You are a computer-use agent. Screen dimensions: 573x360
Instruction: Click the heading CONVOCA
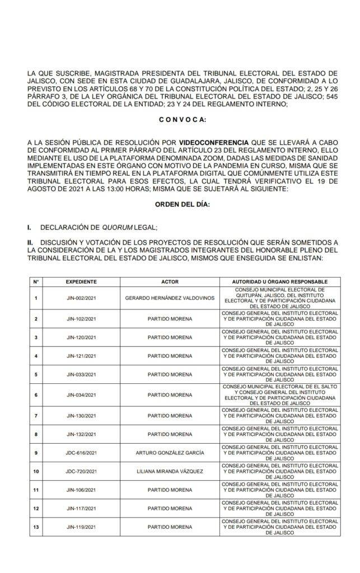coord(183,120)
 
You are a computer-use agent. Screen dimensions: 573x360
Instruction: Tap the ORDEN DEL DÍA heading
coord(183,205)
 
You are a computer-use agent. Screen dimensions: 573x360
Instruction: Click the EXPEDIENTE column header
coord(81,281)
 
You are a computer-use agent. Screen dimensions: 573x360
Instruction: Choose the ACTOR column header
coord(170,281)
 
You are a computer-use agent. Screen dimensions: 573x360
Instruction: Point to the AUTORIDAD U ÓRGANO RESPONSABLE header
coord(280,281)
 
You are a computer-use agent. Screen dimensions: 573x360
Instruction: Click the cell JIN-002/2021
coord(81,298)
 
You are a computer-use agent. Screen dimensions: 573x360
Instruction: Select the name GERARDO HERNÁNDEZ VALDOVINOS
coord(170,298)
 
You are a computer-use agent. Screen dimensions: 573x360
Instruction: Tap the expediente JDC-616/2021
coord(81,452)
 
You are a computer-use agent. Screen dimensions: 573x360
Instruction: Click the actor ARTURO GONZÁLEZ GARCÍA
coord(170,452)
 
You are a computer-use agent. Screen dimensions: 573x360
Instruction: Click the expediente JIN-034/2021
coord(81,394)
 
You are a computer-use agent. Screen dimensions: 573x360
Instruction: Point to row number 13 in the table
coord(36,527)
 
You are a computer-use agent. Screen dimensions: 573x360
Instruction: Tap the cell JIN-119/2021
coord(81,527)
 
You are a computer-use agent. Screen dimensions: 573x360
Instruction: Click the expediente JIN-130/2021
coord(81,416)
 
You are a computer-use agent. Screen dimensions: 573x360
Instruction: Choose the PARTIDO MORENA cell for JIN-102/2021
coord(170,318)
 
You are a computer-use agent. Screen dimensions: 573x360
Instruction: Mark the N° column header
coord(36,281)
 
